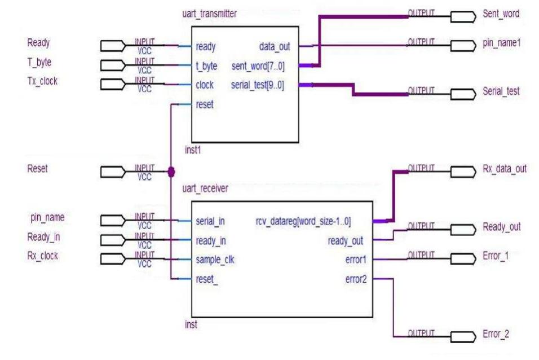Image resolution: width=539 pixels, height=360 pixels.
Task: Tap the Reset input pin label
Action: click(x=38, y=168)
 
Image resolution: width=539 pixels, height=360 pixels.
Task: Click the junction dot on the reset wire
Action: click(x=171, y=171)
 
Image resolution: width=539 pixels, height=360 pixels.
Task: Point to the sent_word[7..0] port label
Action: click(x=258, y=66)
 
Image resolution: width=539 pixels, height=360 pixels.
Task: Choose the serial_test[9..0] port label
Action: click(x=258, y=85)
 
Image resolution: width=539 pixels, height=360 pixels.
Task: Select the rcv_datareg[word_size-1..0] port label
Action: click(x=305, y=221)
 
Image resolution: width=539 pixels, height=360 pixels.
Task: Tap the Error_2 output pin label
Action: click(x=496, y=334)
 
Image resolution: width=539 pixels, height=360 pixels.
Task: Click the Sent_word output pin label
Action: click(x=501, y=14)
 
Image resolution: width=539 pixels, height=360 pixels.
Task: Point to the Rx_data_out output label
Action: click(x=505, y=169)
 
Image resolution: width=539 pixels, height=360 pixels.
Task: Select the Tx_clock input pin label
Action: click(x=42, y=81)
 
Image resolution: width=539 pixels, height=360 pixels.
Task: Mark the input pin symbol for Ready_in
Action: click(x=112, y=241)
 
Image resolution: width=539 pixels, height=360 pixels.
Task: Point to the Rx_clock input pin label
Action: click(x=42, y=256)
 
